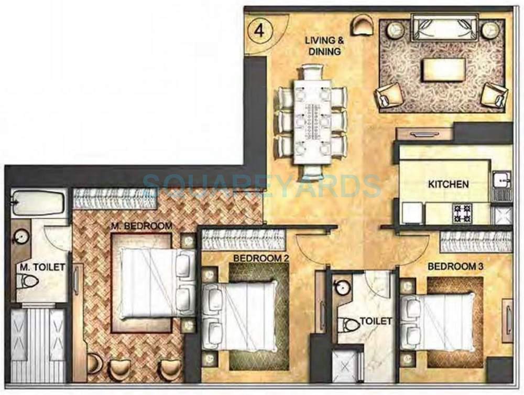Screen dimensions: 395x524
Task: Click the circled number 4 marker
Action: pyautogui.click(x=258, y=30)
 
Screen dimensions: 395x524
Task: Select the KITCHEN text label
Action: pyautogui.click(x=448, y=184)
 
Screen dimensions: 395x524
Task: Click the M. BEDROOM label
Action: pyautogui.click(x=141, y=226)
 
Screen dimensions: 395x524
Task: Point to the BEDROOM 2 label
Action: pyautogui.click(x=254, y=258)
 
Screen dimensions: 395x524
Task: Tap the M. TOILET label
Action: pyautogui.click(x=42, y=268)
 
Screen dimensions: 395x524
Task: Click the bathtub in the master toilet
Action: pyautogui.click(x=38, y=202)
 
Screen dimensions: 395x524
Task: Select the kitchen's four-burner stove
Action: pyautogui.click(x=462, y=213)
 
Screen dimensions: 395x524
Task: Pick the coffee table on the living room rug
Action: pyautogui.click(x=443, y=70)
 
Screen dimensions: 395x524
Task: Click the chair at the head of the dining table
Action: pyautogui.click(x=313, y=71)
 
